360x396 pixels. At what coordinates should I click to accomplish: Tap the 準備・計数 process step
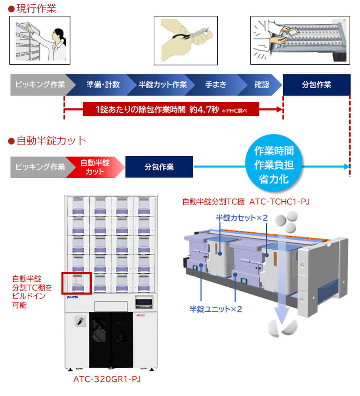(x=103, y=85)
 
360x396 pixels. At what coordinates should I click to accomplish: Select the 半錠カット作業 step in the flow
(x=163, y=85)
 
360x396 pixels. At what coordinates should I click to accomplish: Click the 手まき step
(x=216, y=85)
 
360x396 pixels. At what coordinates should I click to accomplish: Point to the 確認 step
(x=262, y=85)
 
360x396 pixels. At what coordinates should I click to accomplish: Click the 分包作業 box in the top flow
(x=316, y=85)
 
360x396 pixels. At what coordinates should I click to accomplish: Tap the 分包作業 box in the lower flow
(x=159, y=167)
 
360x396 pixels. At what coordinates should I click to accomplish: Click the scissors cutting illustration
(x=185, y=40)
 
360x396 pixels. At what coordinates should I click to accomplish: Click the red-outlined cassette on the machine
(x=77, y=283)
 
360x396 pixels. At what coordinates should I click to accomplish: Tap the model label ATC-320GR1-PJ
(x=107, y=379)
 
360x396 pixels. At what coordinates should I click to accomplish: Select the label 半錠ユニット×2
(x=216, y=309)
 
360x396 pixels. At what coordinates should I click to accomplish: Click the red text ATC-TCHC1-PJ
(x=280, y=202)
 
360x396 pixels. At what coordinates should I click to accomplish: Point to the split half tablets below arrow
(x=284, y=328)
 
